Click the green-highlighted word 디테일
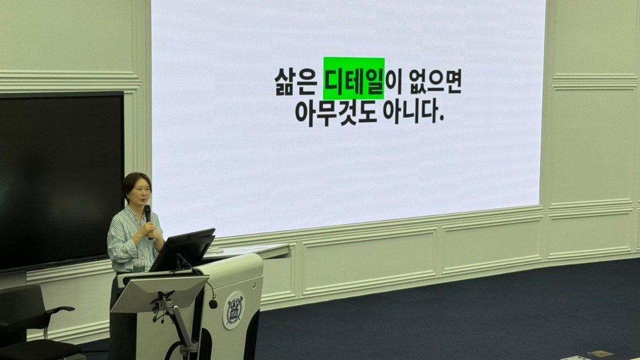pyautogui.click(x=353, y=78)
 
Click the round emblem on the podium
pyautogui.click(x=234, y=310)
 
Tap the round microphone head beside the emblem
pyautogui.click(x=213, y=304)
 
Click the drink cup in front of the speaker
pyautogui.click(x=139, y=266)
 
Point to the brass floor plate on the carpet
pyautogui.click(x=599, y=353)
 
